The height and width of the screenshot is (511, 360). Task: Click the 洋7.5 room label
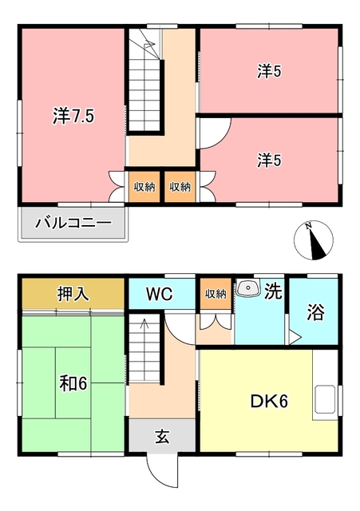point(73,117)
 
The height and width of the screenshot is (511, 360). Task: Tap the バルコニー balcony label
point(72,223)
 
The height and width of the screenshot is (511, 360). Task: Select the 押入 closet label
point(73,294)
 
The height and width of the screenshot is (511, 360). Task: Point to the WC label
point(160,293)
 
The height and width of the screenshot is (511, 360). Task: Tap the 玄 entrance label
point(161,437)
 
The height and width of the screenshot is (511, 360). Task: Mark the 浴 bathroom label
point(316,312)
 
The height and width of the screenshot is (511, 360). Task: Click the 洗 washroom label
point(273,291)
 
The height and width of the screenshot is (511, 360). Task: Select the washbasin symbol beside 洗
point(248,289)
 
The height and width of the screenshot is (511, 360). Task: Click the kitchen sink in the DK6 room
point(326,398)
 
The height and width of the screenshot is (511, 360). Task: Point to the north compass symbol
point(313,240)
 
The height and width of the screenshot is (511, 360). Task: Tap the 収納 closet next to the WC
point(215,293)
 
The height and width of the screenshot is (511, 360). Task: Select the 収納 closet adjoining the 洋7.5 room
point(144,187)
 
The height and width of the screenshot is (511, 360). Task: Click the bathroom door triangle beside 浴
point(294,337)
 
